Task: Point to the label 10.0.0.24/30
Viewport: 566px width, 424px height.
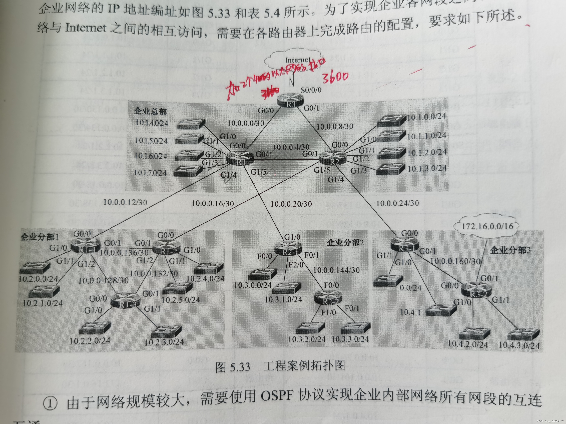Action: [397, 203]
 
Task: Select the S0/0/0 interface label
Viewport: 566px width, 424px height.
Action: [311, 90]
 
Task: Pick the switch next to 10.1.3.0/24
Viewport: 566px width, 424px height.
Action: [391, 169]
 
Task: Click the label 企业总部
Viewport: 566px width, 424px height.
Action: [150, 111]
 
